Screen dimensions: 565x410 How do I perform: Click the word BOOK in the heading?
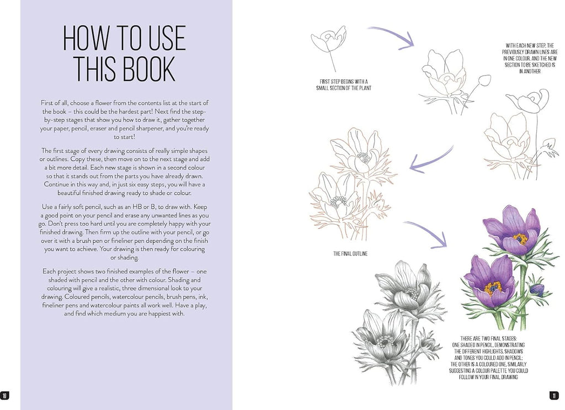click(149, 68)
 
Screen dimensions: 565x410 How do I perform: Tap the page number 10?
click(4, 396)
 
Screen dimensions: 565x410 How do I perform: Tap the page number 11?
click(554, 396)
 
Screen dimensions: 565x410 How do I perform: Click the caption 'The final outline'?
click(350, 254)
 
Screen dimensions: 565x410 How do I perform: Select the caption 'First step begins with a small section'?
click(344, 84)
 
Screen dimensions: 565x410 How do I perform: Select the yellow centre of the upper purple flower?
click(520, 239)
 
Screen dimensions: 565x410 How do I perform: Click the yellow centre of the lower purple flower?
click(493, 288)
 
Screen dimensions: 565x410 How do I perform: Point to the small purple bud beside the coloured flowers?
click(537, 289)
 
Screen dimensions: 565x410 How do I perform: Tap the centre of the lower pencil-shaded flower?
click(385, 340)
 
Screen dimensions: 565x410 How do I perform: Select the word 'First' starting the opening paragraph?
click(47, 103)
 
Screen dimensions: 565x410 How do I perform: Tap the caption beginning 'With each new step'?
click(530, 58)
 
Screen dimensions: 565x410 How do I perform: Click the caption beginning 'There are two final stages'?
click(488, 358)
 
